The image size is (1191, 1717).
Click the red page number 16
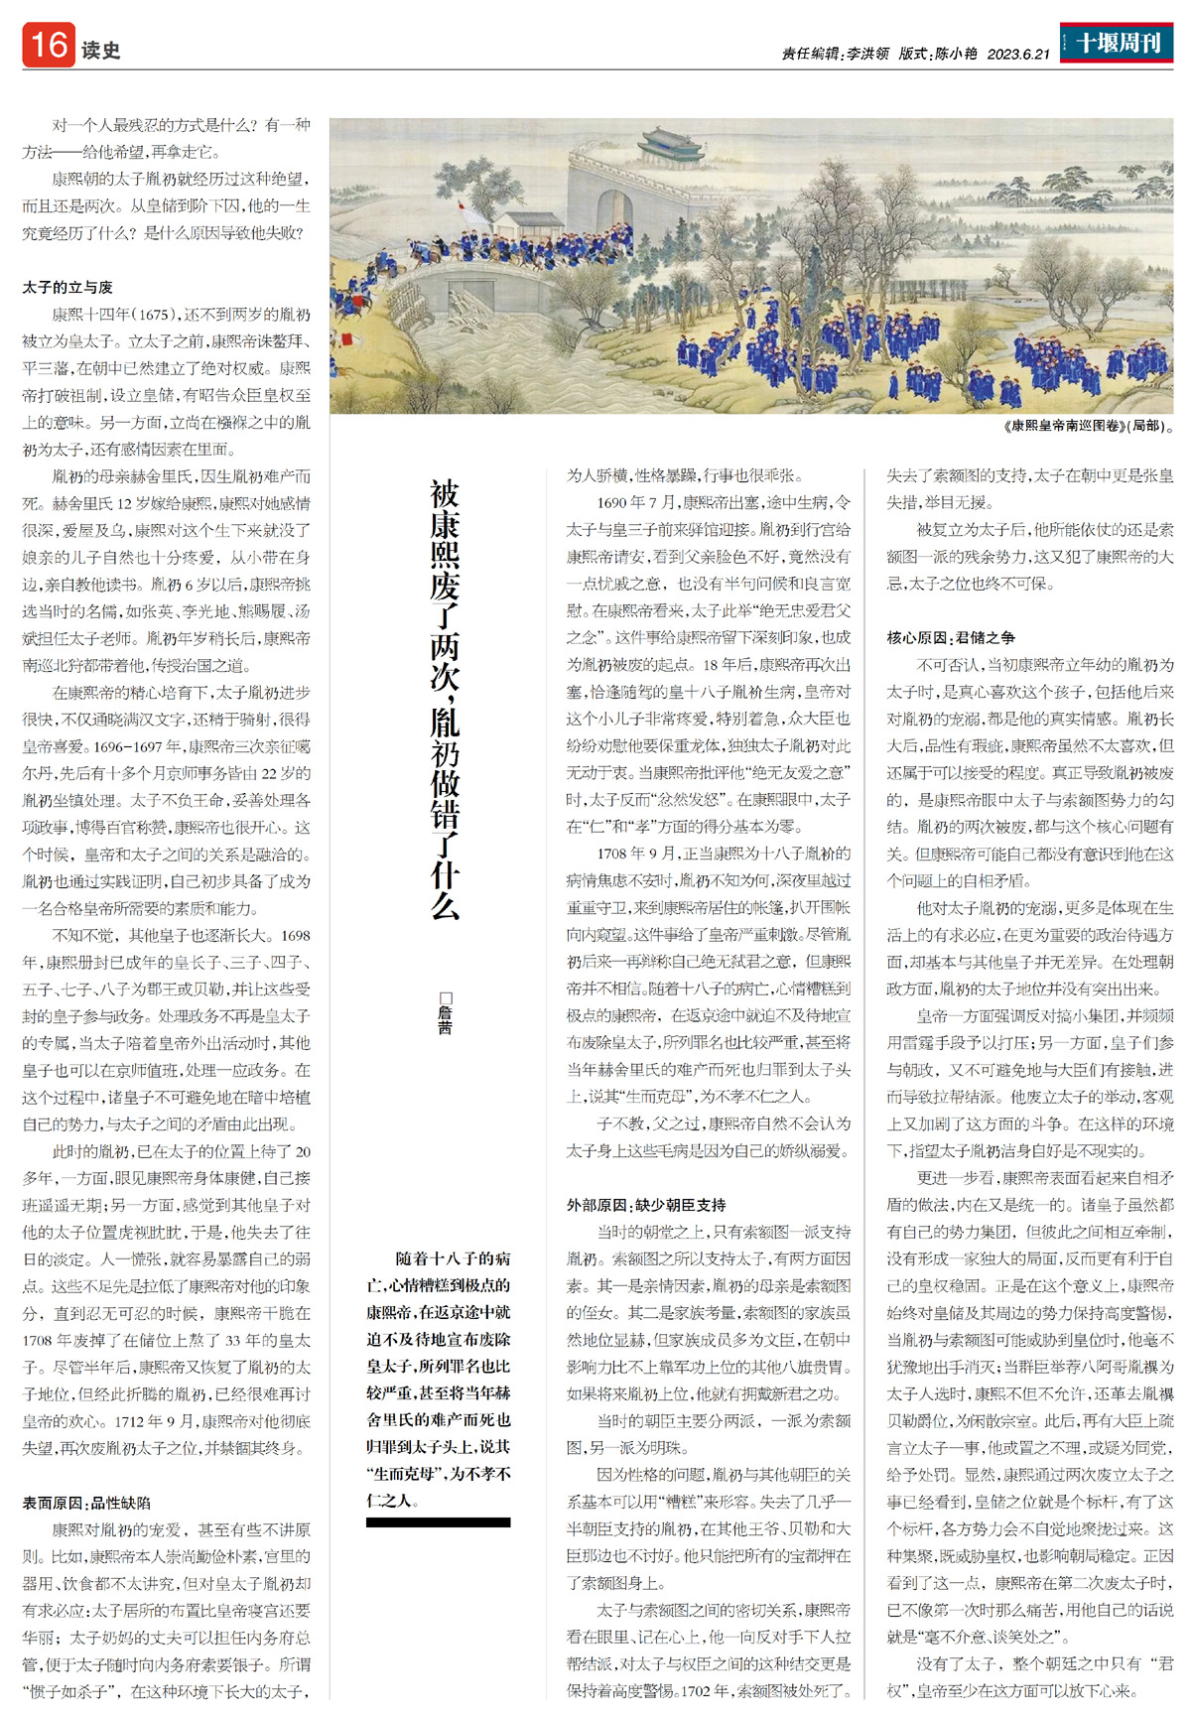[x=49, y=45]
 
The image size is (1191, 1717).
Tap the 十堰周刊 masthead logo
[x=1118, y=43]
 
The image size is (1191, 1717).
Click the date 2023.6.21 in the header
[x=1017, y=55]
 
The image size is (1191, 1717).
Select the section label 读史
[x=101, y=50]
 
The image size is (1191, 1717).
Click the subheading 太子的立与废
[x=67, y=287]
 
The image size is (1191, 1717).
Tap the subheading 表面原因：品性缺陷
[x=87, y=1503]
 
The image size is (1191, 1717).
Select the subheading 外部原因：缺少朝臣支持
[x=646, y=1205]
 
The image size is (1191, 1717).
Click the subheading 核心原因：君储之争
[x=951, y=637]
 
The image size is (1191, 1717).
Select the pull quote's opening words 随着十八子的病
[x=453, y=1258]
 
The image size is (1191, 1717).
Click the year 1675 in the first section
[x=154, y=315]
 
